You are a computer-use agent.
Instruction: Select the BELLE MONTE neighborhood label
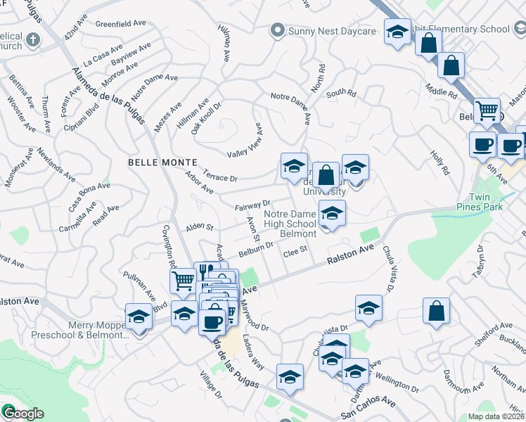(155, 162)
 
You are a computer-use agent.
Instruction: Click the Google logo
(23, 413)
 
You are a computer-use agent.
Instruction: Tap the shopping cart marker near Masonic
(486, 110)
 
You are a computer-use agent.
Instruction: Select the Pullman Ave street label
(138, 285)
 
